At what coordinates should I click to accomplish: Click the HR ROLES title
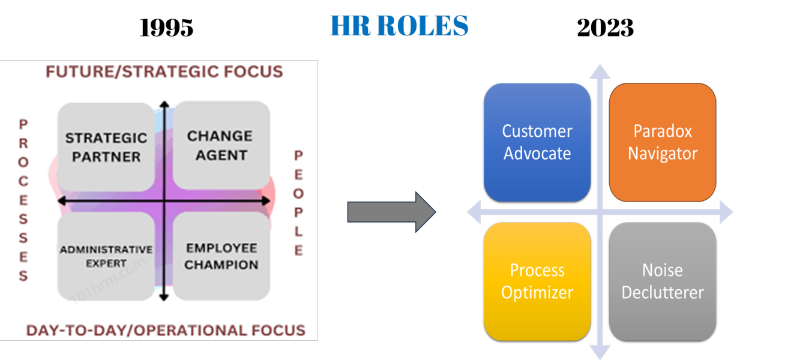(399, 26)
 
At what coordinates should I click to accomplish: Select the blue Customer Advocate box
(537, 142)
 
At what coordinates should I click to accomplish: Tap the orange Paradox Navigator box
(663, 142)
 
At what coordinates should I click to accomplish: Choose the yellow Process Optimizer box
(537, 281)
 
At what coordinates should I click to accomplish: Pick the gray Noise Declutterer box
(663, 281)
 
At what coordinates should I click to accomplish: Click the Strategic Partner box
(106, 147)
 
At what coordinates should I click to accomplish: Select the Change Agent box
(220, 145)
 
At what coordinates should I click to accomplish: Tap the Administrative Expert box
(106, 256)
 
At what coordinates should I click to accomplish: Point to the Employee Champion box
(221, 256)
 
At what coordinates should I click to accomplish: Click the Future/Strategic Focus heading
(164, 72)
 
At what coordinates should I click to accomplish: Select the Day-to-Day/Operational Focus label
(166, 330)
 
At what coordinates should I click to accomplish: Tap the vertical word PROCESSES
(23, 200)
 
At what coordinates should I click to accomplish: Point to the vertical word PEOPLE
(298, 203)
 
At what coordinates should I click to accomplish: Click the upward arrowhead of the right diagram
(600, 71)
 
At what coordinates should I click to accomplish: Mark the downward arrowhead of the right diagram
(600, 352)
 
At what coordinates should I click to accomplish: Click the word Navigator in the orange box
(663, 154)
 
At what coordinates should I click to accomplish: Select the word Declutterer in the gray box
(663, 293)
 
